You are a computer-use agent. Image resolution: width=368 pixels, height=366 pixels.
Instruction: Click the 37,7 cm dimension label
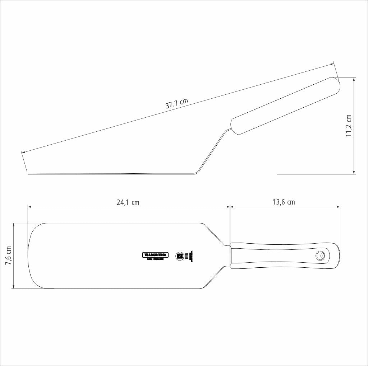coord(176,103)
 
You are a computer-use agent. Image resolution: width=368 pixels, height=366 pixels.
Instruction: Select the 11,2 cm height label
coord(349,126)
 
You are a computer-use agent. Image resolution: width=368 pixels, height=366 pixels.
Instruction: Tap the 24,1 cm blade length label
coord(128,202)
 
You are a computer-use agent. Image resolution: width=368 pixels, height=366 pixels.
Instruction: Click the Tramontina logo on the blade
coord(156,255)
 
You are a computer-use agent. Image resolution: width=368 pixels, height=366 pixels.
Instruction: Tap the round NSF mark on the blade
coord(180,255)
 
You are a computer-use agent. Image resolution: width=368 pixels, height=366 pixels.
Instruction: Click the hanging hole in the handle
coord(319,255)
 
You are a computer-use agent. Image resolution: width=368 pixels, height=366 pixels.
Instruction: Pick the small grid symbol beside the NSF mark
coord(186,255)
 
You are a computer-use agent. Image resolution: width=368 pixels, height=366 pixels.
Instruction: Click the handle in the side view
coord(286,106)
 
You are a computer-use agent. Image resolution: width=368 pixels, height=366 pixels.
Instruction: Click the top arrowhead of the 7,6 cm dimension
coord(14,224)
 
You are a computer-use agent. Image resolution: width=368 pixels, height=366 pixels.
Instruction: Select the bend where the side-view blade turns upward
coord(196,173)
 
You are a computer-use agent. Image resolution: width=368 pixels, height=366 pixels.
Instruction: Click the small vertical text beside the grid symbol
coord(191,255)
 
